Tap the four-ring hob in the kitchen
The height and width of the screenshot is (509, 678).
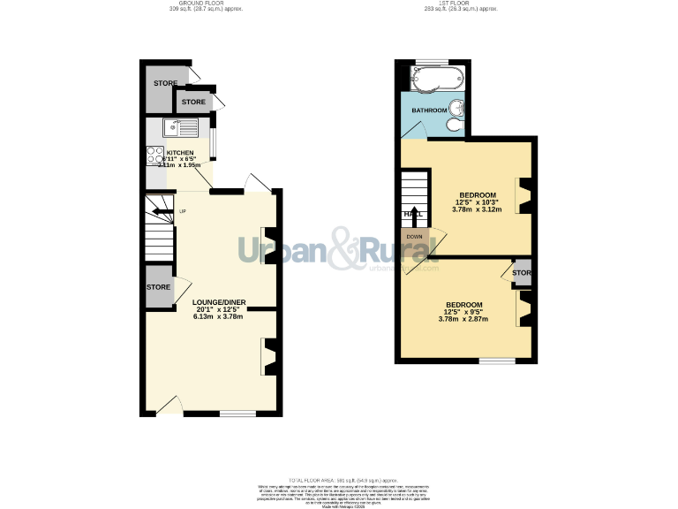tap(155, 155)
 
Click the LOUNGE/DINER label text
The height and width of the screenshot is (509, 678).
tap(219, 302)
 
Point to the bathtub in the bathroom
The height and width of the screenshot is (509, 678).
tap(433, 80)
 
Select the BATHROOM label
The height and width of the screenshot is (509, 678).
tap(430, 110)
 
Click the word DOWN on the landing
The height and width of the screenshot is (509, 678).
tap(414, 236)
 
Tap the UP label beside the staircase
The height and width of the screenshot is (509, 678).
tap(183, 211)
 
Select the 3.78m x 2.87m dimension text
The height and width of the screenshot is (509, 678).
tap(463, 319)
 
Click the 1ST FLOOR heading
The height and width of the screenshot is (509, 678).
tap(461, 4)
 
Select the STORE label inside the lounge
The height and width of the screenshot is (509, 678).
tap(158, 287)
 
